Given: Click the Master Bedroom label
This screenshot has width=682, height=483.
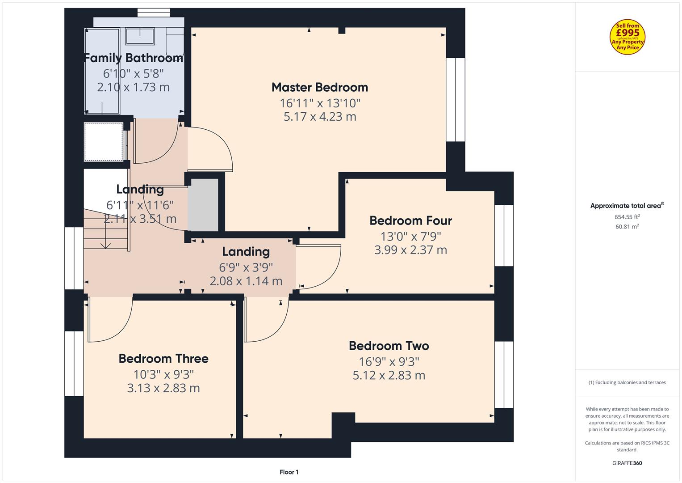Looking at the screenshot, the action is pyautogui.click(x=320, y=88).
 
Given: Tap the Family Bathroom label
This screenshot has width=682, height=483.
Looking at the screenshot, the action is pyautogui.click(x=134, y=58).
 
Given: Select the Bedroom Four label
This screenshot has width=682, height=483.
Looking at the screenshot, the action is pyautogui.click(x=411, y=221).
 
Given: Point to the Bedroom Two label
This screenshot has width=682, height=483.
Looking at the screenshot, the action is pyautogui.click(x=389, y=346).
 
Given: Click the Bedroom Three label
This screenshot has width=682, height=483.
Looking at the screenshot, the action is pyautogui.click(x=163, y=359).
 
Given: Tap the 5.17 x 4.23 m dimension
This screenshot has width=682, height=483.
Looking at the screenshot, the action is pyautogui.click(x=320, y=117).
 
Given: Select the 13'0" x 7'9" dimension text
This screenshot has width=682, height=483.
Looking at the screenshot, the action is pyautogui.click(x=411, y=236).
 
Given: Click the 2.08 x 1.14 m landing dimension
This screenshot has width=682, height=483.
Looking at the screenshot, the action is pyautogui.click(x=246, y=281).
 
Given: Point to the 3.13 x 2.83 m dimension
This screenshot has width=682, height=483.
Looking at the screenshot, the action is pyautogui.click(x=163, y=388).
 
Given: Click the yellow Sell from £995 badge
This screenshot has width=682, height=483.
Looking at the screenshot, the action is pyautogui.click(x=628, y=37).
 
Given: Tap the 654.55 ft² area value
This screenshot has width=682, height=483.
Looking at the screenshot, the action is pyautogui.click(x=627, y=217).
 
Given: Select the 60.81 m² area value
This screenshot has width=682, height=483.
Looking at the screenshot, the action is pyautogui.click(x=627, y=227).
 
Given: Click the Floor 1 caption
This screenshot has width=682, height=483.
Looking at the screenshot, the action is pyautogui.click(x=289, y=472).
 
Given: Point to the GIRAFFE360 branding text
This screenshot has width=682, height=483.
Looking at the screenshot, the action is pyautogui.click(x=627, y=463).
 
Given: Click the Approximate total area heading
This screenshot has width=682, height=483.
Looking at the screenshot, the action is pyautogui.click(x=627, y=206).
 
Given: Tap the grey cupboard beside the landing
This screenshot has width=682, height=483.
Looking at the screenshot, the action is pyautogui.click(x=203, y=205).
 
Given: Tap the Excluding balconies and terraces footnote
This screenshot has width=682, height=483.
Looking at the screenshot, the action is pyautogui.click(x=627, y=382).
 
